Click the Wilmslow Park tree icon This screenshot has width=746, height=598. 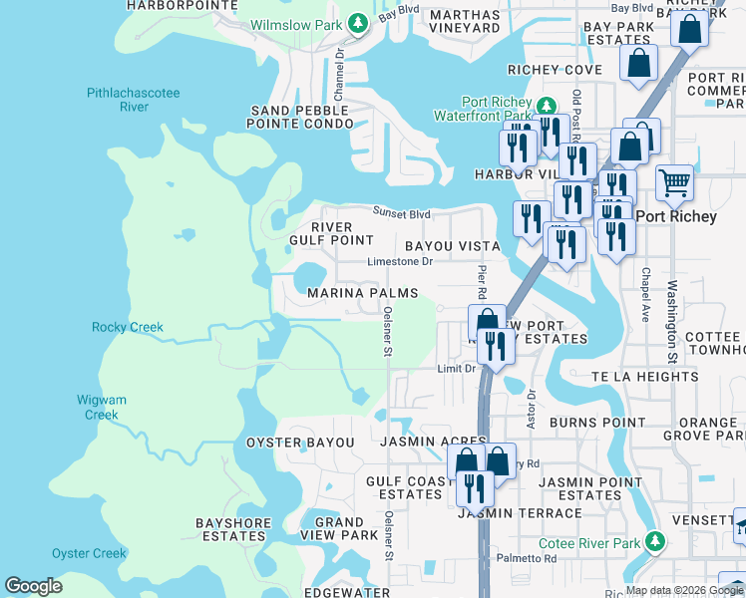pyautogui.click(x=358, y=22)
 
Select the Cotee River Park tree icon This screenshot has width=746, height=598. pyautogui.click(x=654, y=542)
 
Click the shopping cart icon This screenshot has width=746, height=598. pyautogui.click(x=675, y=181)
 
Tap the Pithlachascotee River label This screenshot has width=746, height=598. pyautogui.click(x=134, y=100)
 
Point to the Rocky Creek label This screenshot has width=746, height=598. pyautogui.click(x=127, y=327)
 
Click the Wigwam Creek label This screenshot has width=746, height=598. pyautogui.click(x=102, y=407)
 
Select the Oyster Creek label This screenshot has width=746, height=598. pyautogui.click(x=89, y=553)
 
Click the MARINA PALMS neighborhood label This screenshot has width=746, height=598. pyautogui.click(x=362, y=293)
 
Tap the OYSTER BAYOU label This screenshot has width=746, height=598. pyautogui.click(x=300, y=442)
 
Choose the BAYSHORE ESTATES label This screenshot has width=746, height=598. pyautogui.click(x=230, y=529)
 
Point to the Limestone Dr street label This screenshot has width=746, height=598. pyautogui.click(x=399, y=262)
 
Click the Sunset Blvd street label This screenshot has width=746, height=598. pyautogui.click(x=402, y=212)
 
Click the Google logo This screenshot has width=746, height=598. pyautogui.click(x=33, y=586)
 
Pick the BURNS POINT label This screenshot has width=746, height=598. pyautogui.click(x=597, y=423)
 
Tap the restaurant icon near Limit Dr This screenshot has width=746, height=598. pyautogui.click(x=494, y=345)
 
